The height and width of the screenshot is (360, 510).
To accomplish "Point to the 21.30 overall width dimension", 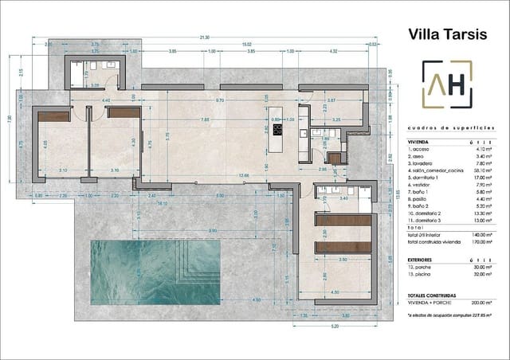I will [x=205, y=37].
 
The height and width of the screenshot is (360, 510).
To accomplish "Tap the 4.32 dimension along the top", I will [x=333, y=52].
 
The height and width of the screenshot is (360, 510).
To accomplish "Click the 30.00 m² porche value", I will [x=481, y=267].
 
